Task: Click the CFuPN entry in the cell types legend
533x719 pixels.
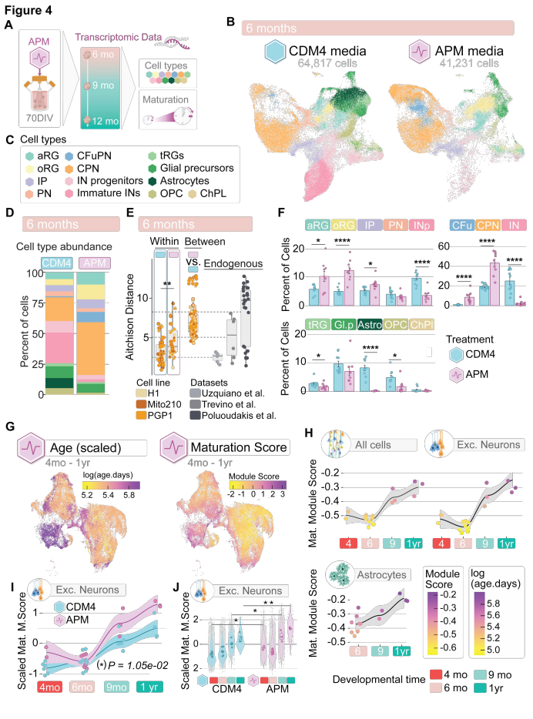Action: tap(98, 154)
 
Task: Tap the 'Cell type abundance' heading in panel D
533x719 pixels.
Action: tap(64, 245)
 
